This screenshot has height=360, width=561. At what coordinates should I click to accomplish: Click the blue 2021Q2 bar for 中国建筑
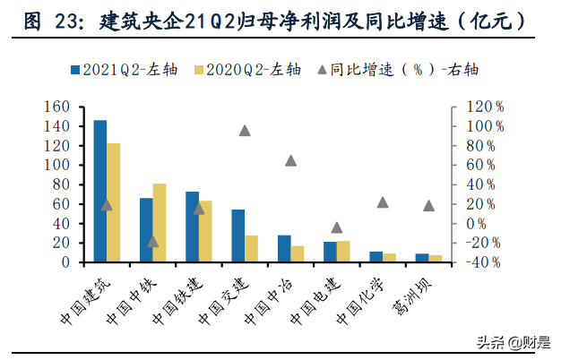pos(100,192)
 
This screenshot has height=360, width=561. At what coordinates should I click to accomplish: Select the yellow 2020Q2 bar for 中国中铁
pos(160,223)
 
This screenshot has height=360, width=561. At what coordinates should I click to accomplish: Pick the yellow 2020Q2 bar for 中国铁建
pos(206,231)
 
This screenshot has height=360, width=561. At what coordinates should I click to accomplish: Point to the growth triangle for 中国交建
pos(245,131)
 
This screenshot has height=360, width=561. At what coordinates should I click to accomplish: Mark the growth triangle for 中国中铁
pos(152,241)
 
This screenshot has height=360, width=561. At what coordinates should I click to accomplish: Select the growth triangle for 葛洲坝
pos(429,206)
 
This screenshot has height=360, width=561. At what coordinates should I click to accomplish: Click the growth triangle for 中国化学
pos(383,202)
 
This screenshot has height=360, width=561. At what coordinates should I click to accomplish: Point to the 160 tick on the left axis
pos(58,107)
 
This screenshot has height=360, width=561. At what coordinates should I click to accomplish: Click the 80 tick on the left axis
pos(63,184)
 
